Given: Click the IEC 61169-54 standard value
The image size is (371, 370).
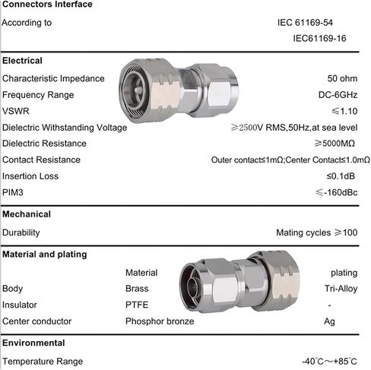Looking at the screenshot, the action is coord(305,23).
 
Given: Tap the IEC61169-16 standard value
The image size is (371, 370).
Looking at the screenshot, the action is coord(319,39).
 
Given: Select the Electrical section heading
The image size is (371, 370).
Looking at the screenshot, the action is coord(22,61).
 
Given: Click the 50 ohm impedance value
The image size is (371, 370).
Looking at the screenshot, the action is coord(342,78).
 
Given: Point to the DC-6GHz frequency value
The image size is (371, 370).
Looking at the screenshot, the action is coord(338,95).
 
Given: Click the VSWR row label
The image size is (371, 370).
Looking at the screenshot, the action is coord(16,111).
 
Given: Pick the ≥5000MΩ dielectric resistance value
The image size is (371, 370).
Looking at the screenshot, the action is coord(335,144).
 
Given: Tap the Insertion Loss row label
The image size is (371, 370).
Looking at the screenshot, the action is coord(30,176).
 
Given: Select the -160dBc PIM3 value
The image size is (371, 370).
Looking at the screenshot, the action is coord(337,193).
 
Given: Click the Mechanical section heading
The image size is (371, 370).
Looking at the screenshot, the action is coord(27,214).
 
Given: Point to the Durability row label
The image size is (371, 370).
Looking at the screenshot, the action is coord(21,232).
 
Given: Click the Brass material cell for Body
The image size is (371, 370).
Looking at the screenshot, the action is coord(137,289).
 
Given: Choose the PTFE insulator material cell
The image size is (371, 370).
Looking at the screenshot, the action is coord(137,305).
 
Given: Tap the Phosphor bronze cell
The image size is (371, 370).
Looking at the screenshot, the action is coord(160,321).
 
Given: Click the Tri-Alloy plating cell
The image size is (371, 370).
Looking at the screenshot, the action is coord(341,289).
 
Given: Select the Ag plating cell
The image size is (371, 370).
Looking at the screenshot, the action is coord(329,321).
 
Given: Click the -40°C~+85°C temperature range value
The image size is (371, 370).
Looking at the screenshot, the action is coord(329,362).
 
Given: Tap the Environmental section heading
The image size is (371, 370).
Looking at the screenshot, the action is coord(33,343).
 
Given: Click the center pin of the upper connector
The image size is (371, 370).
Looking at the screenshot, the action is coord(138,90).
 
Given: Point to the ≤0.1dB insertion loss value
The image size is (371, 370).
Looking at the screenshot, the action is coord(341,176).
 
